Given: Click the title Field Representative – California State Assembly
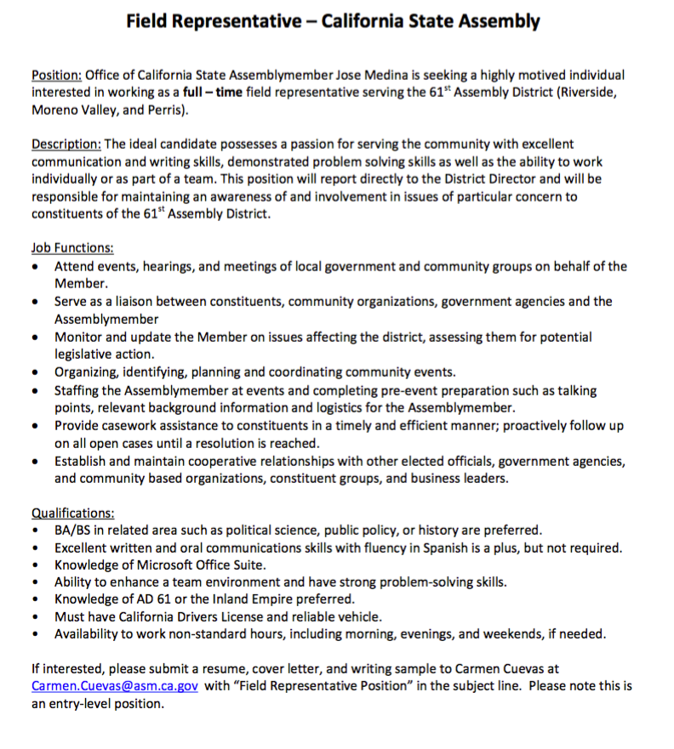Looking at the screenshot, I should [x=333, y=21].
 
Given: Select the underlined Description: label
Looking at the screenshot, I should [x=66, y=145].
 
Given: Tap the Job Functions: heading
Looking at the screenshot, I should [x=72, y=248].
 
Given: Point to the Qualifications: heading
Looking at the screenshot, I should [x=73, y=513].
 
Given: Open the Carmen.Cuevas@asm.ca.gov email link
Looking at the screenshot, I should [x=115, y=686].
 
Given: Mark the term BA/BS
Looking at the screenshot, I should [x=73, y=530].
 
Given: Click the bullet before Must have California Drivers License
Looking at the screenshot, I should [x=33, y=617].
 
